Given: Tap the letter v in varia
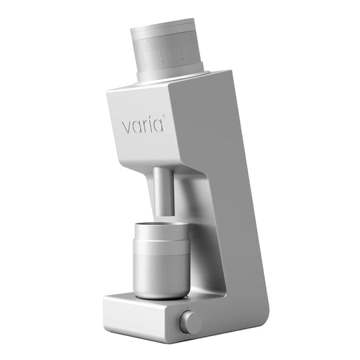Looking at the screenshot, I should pos(125,127).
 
